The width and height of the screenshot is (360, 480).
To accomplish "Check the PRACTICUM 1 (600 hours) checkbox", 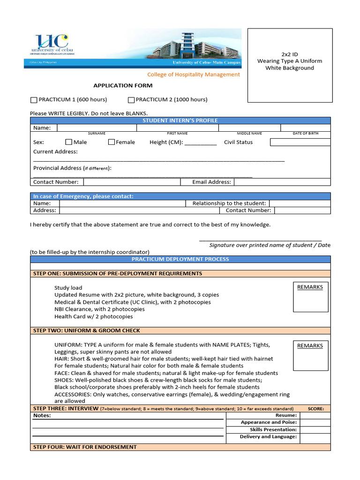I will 33,100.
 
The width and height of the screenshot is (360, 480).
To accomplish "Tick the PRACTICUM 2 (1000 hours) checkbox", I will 131,100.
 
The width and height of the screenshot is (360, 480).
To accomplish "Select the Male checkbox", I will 68,142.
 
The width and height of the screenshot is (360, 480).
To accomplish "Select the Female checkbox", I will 111,142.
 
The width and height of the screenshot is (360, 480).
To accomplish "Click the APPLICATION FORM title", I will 123,85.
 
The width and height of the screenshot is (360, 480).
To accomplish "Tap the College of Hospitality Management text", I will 194,75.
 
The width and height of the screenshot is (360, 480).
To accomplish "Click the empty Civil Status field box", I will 300,142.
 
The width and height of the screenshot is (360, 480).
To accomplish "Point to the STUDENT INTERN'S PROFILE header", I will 180,120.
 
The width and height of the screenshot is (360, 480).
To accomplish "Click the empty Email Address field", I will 282,182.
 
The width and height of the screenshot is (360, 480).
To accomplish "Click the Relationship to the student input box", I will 300,203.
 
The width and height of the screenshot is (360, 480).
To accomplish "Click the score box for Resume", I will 315,416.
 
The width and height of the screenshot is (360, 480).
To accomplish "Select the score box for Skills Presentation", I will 315,430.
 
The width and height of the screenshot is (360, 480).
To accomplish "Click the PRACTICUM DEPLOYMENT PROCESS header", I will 180,259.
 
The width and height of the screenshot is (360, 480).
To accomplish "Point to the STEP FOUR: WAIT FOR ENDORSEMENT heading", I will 85,447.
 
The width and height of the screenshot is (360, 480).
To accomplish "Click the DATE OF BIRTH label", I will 305,134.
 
